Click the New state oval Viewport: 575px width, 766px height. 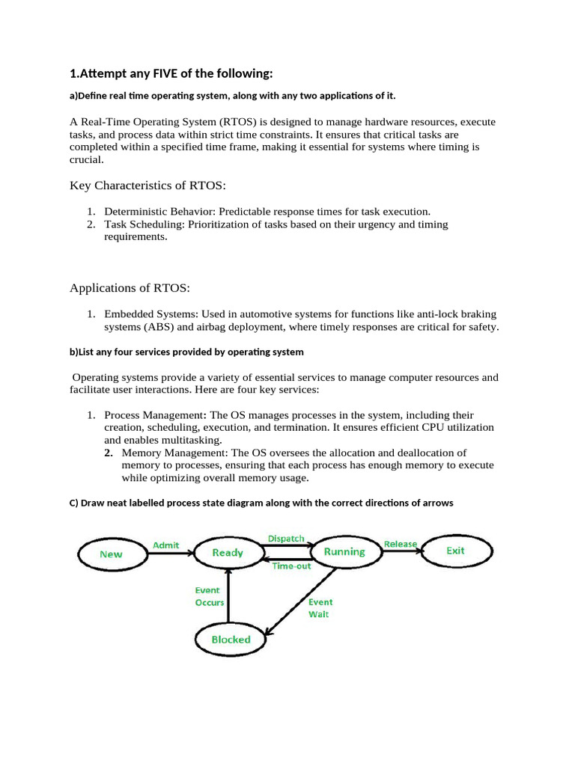coord(111,554)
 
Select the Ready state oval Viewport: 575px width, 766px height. coord(228,553)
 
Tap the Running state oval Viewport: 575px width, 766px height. coord(344,552)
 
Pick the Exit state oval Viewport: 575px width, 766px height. coord(455,551)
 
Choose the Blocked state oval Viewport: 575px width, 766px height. coord(231,640)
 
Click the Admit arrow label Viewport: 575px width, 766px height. coord(165,545)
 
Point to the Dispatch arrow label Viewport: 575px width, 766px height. coord(286,539)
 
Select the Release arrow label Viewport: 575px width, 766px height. coord(401,544)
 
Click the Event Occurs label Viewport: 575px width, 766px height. coord(210,596)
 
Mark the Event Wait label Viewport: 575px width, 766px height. coord(320,607)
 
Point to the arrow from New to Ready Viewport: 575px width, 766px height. coord(168,554)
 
